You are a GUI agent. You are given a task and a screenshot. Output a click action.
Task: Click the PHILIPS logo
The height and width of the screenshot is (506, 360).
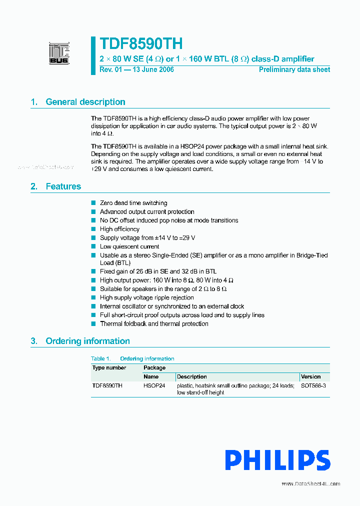(277, 460)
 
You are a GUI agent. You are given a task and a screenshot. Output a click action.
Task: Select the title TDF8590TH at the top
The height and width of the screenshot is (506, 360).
(141, 43)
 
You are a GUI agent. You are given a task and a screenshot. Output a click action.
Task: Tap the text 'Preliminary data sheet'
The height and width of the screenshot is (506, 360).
(294, 69)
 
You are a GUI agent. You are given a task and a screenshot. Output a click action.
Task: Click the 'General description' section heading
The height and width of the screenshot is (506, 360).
(85, 102)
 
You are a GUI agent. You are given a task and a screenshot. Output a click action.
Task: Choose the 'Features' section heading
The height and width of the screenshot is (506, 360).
(63, 186)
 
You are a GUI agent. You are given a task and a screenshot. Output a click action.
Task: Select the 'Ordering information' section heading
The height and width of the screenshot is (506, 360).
(87, 341)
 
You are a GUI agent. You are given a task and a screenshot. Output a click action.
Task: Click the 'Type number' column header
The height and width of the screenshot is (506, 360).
(109, 367)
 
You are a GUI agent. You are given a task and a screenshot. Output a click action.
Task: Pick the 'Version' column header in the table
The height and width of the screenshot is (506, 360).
(310, 376)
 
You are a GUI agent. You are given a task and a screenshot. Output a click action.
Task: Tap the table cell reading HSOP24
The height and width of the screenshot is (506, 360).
(154, 385)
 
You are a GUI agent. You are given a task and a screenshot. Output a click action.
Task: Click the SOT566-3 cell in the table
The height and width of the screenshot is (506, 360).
(313, 385)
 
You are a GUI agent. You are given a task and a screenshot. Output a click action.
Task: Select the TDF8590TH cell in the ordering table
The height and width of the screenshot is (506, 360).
(107, 385)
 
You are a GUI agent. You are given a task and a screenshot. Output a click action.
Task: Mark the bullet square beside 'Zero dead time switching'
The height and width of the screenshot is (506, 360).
(93, 203)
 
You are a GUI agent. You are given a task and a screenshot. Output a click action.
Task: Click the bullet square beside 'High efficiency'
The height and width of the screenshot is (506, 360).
(93, 229)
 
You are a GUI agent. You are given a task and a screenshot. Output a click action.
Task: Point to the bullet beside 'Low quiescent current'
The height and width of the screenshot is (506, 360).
(93, 246)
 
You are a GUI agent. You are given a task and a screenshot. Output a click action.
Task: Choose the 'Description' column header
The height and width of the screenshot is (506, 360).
(191, 376)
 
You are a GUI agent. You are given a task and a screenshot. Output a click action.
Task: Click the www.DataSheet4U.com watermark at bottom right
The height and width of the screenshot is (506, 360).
(310, 483)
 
